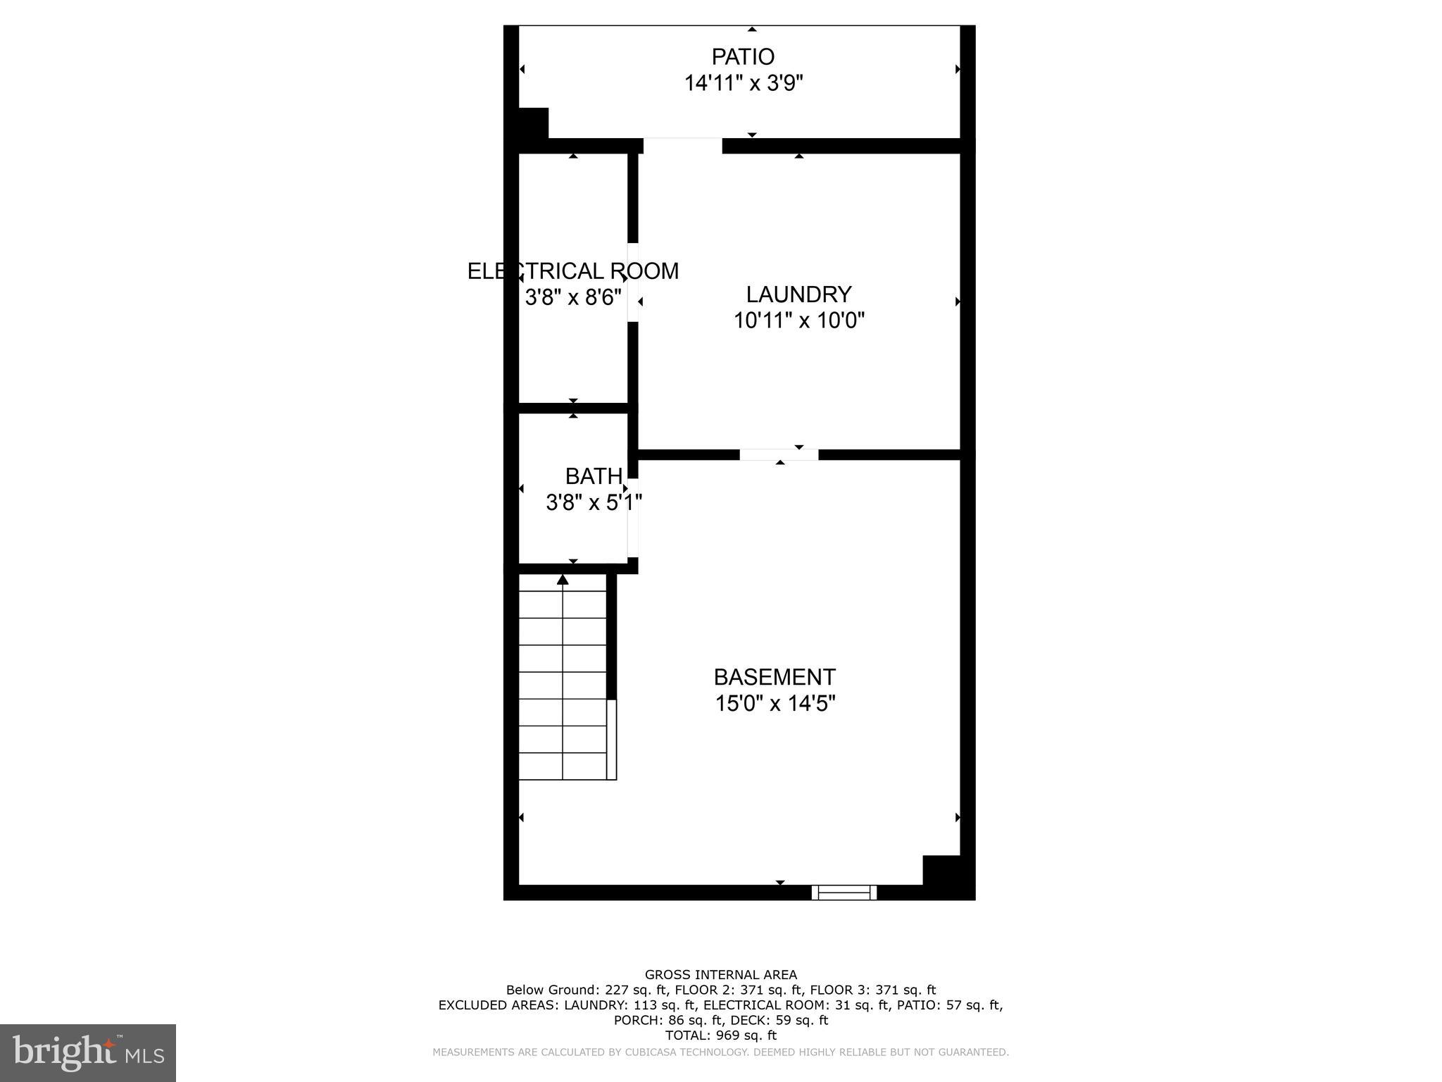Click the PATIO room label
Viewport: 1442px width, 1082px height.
coord(743,56)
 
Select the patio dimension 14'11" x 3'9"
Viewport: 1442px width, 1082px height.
coord(744,83)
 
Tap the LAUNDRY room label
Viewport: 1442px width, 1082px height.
coord(798,294)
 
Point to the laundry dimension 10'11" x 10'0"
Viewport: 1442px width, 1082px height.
coord(798,321)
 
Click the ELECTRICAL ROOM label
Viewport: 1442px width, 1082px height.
coord(573,271)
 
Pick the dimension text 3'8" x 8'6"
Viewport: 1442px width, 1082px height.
coord(573,297)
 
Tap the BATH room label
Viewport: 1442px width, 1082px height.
coord(594,477)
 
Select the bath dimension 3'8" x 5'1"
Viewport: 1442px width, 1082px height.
coord(594,503)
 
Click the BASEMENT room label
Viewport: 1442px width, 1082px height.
coord(775,677)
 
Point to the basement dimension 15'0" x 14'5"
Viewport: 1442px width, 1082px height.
coord(775,704)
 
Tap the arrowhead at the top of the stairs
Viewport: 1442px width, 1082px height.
coord(563,579)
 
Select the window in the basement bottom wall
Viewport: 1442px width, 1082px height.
coord(844,893)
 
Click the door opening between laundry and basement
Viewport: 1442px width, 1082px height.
coord(779,454)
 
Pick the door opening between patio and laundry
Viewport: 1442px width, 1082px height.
coord(682,145)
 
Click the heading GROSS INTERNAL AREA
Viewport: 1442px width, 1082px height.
coord(721,975)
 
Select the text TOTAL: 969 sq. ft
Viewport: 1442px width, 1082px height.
coord(721,1036)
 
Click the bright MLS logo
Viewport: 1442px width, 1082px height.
coord(88,1052)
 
